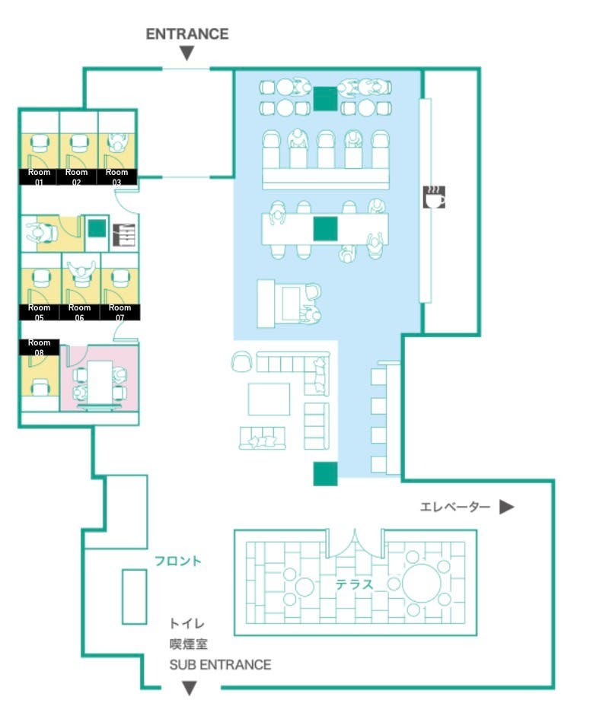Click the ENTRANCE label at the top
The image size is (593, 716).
[187, 34]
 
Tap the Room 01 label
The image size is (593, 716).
[39, 177]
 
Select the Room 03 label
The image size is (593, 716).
[117, 177]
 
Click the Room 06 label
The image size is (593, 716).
[79, 312]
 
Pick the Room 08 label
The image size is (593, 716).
[39, 347]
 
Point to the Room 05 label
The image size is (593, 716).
[39, 312]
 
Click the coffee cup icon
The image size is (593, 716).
[434, 197]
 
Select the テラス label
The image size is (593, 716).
[355, 584]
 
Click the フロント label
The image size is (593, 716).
[178, 562]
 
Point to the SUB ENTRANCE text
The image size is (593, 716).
[220, 664]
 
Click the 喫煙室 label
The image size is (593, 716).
[187, 644]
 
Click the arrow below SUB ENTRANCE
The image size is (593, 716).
[190, 688]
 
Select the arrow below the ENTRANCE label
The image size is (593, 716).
[187, 53]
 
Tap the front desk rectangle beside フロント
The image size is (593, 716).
[135, 597]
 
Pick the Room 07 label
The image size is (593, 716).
[120, 312]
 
